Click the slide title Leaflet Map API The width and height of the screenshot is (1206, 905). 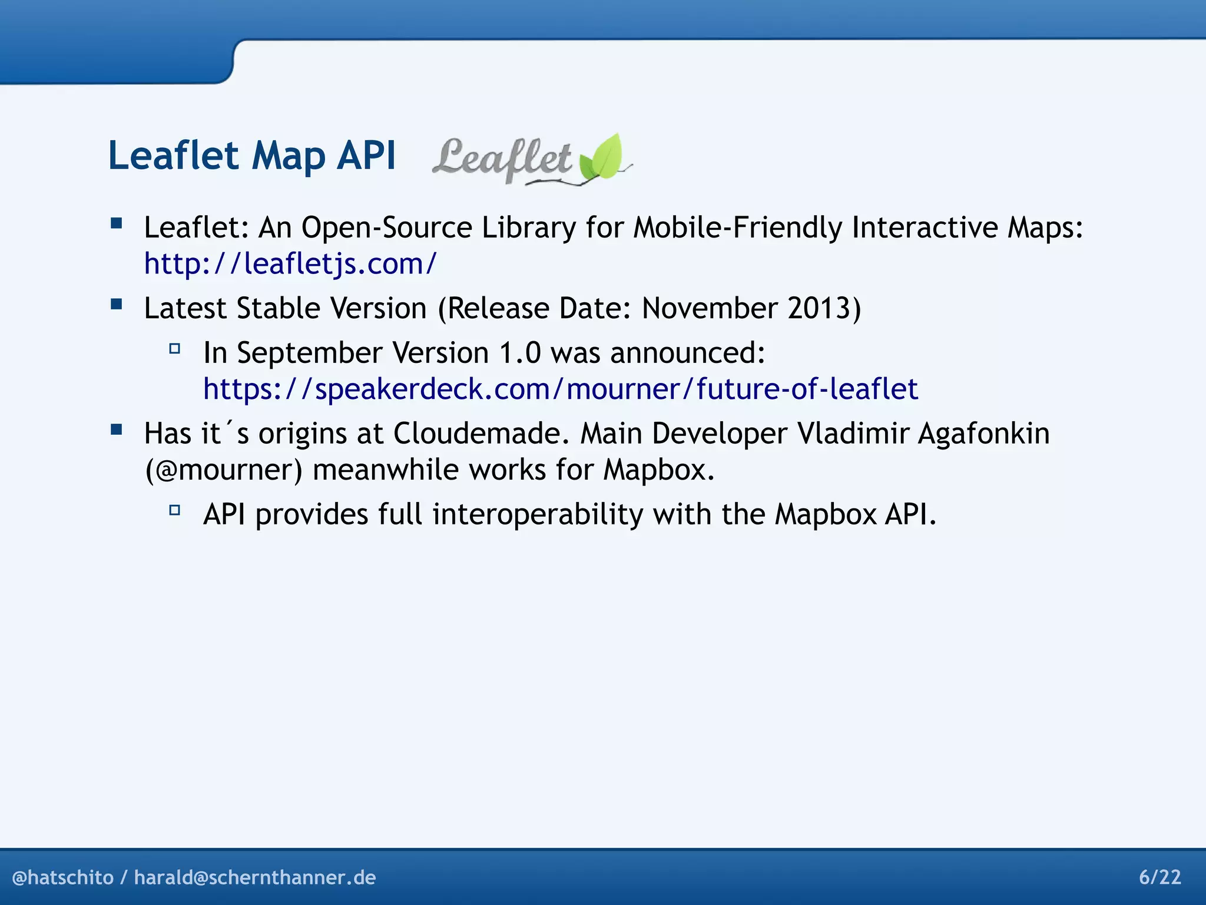[x=251, y=156]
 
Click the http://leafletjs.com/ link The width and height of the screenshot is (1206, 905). [x=290, y=263]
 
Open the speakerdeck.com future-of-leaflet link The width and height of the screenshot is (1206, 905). [x=560, y=389]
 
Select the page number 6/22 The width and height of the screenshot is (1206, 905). [x=1159, y=877]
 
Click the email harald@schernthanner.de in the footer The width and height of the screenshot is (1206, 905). [x=254, y=877]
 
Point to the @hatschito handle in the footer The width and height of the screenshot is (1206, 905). [x=62, y=877]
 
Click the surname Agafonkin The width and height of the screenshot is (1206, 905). [x=983, y=433]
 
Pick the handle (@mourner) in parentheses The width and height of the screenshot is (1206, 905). [x=224, y=470]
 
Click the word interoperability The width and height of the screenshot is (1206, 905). [x=538, y=514]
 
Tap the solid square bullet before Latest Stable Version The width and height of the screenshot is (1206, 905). [x=116, y=304]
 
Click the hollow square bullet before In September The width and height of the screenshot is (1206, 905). [x=174, y=348]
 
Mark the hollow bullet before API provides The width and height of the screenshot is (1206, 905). [x=174, y=510]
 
